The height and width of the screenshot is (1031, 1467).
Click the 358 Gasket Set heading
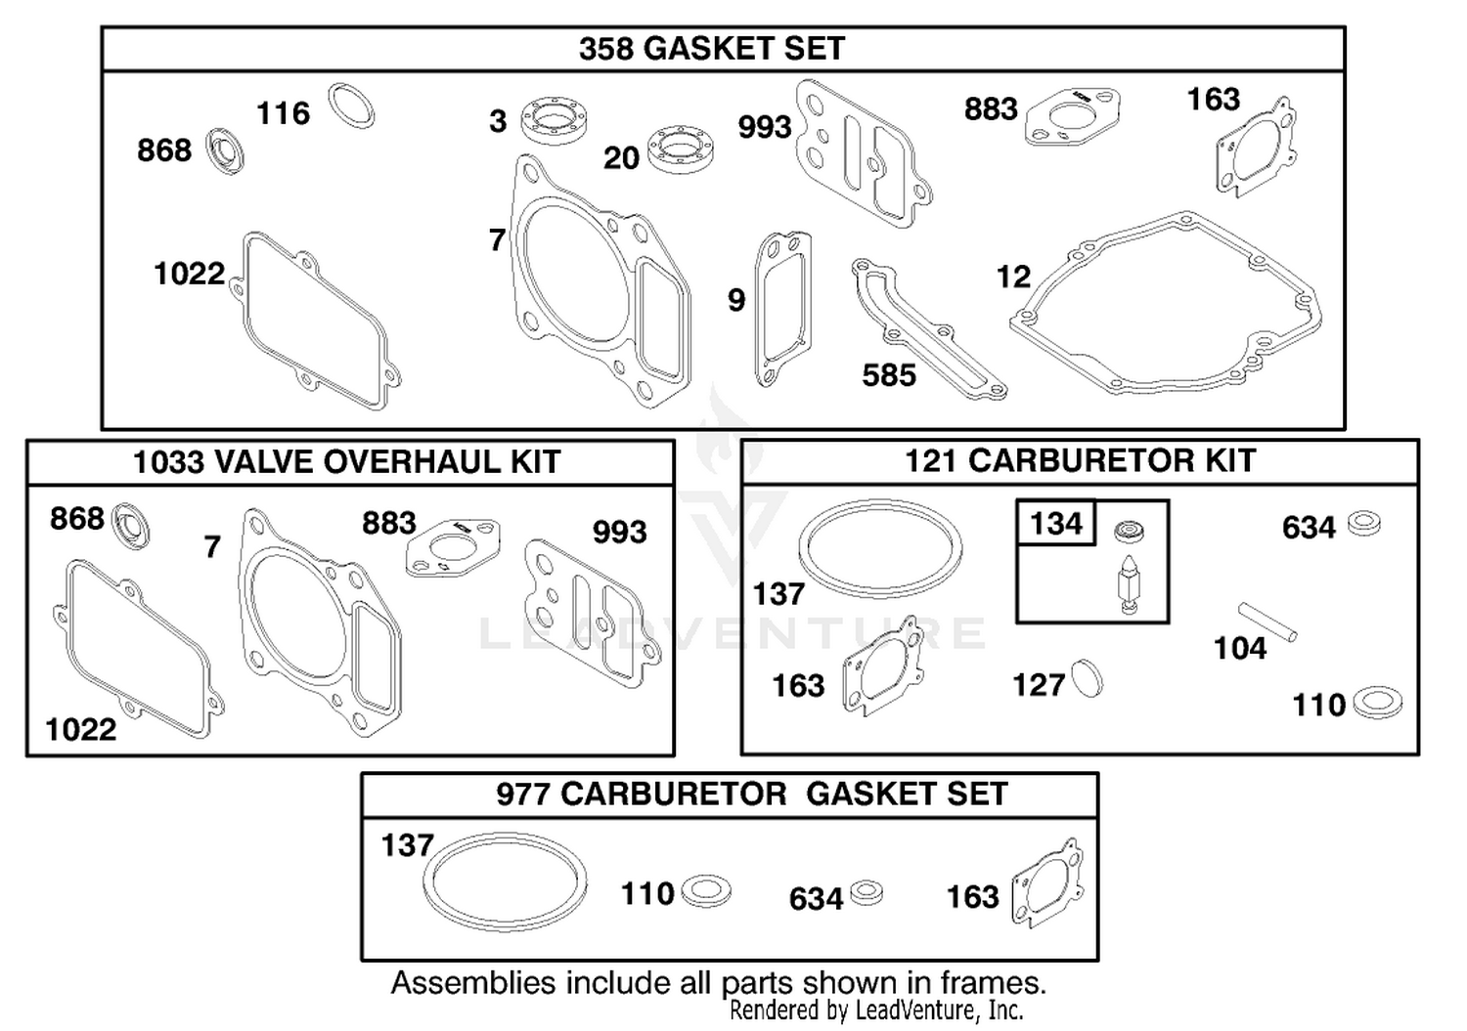pos(712,49)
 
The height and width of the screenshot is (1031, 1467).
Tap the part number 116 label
pos(283,113)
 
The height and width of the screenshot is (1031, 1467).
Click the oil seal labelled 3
pos(555,120)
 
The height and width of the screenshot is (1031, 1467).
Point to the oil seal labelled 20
pos(681,152)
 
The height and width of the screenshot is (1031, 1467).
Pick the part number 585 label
pos(889,375)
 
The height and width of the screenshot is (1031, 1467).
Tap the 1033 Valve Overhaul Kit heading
pos(346,462)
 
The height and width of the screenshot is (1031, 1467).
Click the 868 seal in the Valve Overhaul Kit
pos(131,527)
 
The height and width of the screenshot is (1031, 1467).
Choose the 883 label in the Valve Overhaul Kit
pos(389,523)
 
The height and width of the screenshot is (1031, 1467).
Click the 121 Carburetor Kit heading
pos(1080,461)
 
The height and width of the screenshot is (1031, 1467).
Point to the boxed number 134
pos(1055,524)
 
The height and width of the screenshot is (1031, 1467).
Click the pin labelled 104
pos(1267,623)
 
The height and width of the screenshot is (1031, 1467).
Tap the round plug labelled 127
pos(1087,678)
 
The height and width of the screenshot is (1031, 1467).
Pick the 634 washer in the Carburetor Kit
pos(1364,524)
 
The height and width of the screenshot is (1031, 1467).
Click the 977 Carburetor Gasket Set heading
pos(751,795)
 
